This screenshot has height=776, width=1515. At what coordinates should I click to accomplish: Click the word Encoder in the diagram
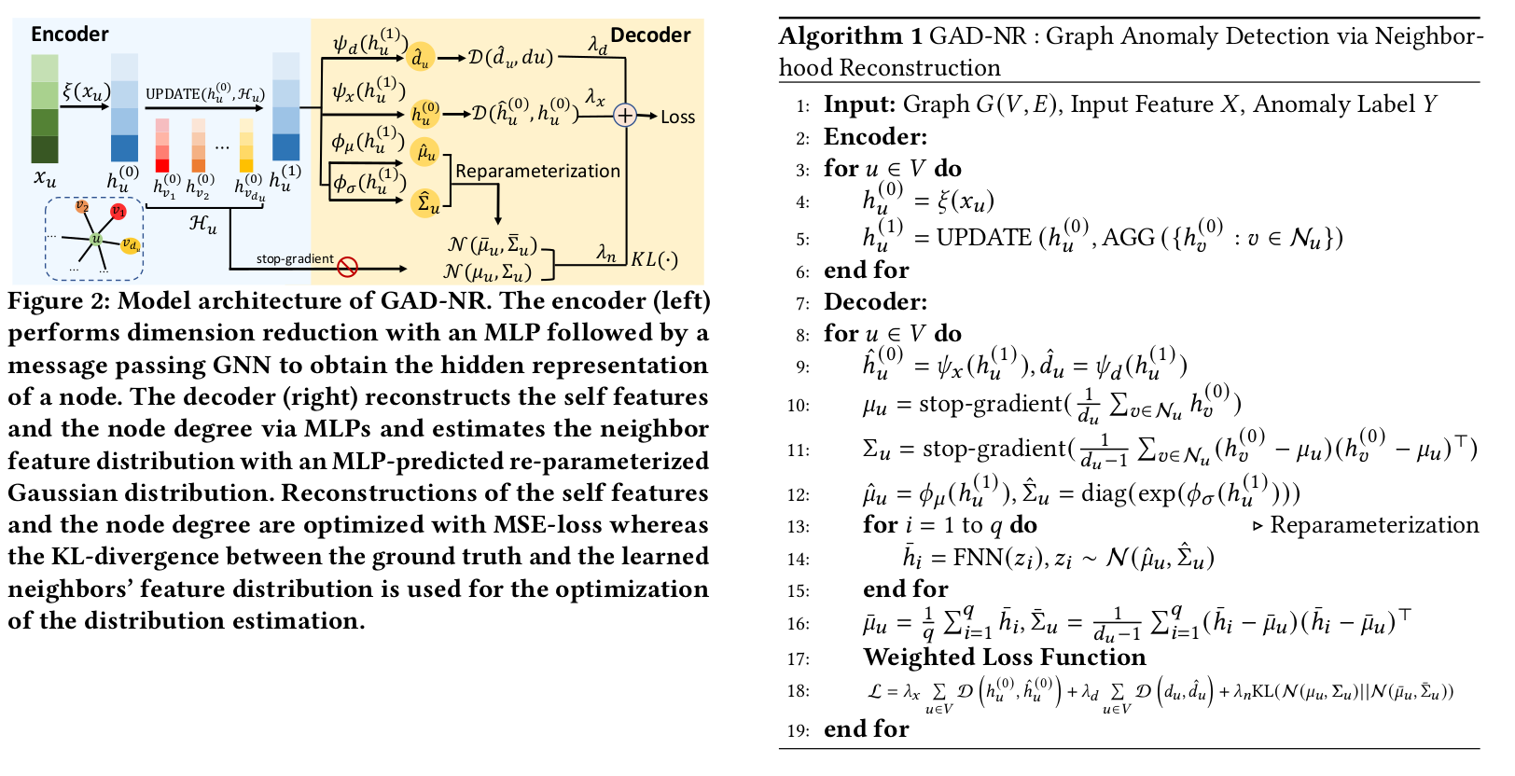click(69, 35)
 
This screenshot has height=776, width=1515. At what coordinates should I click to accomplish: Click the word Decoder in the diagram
click(650, 35)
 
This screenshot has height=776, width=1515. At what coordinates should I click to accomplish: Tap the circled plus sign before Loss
click(624, 116)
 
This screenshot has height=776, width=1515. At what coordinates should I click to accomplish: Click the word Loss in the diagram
click(677, 118)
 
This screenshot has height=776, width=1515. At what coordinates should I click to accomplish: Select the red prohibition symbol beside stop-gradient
click(347, 268)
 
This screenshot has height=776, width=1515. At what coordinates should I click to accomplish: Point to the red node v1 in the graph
click(118, 212)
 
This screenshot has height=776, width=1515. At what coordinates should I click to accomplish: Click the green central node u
click(96, 240)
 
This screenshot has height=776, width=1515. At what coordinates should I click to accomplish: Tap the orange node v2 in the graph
click(82, 206)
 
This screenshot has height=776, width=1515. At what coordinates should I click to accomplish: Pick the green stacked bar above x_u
click(44, 109)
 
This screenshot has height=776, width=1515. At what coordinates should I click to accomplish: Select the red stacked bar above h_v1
click(162, 145)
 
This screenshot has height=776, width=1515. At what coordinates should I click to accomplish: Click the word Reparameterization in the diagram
click(537, 171)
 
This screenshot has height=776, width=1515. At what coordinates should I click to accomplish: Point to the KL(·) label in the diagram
click(655, 259)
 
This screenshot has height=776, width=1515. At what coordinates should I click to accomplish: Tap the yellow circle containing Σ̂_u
click(426, 202)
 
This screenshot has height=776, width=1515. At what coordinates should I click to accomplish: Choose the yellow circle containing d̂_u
click(422, 58)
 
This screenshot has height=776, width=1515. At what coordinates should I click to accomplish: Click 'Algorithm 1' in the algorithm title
click(850, 36)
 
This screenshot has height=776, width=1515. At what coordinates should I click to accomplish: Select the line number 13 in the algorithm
click(798, 526)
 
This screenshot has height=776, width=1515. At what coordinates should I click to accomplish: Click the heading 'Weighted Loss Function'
click(1004, 658)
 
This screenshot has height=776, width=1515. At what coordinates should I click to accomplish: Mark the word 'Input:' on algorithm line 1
click(859, 104)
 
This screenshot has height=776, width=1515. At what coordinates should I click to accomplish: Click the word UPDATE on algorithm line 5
click(983, 238)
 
